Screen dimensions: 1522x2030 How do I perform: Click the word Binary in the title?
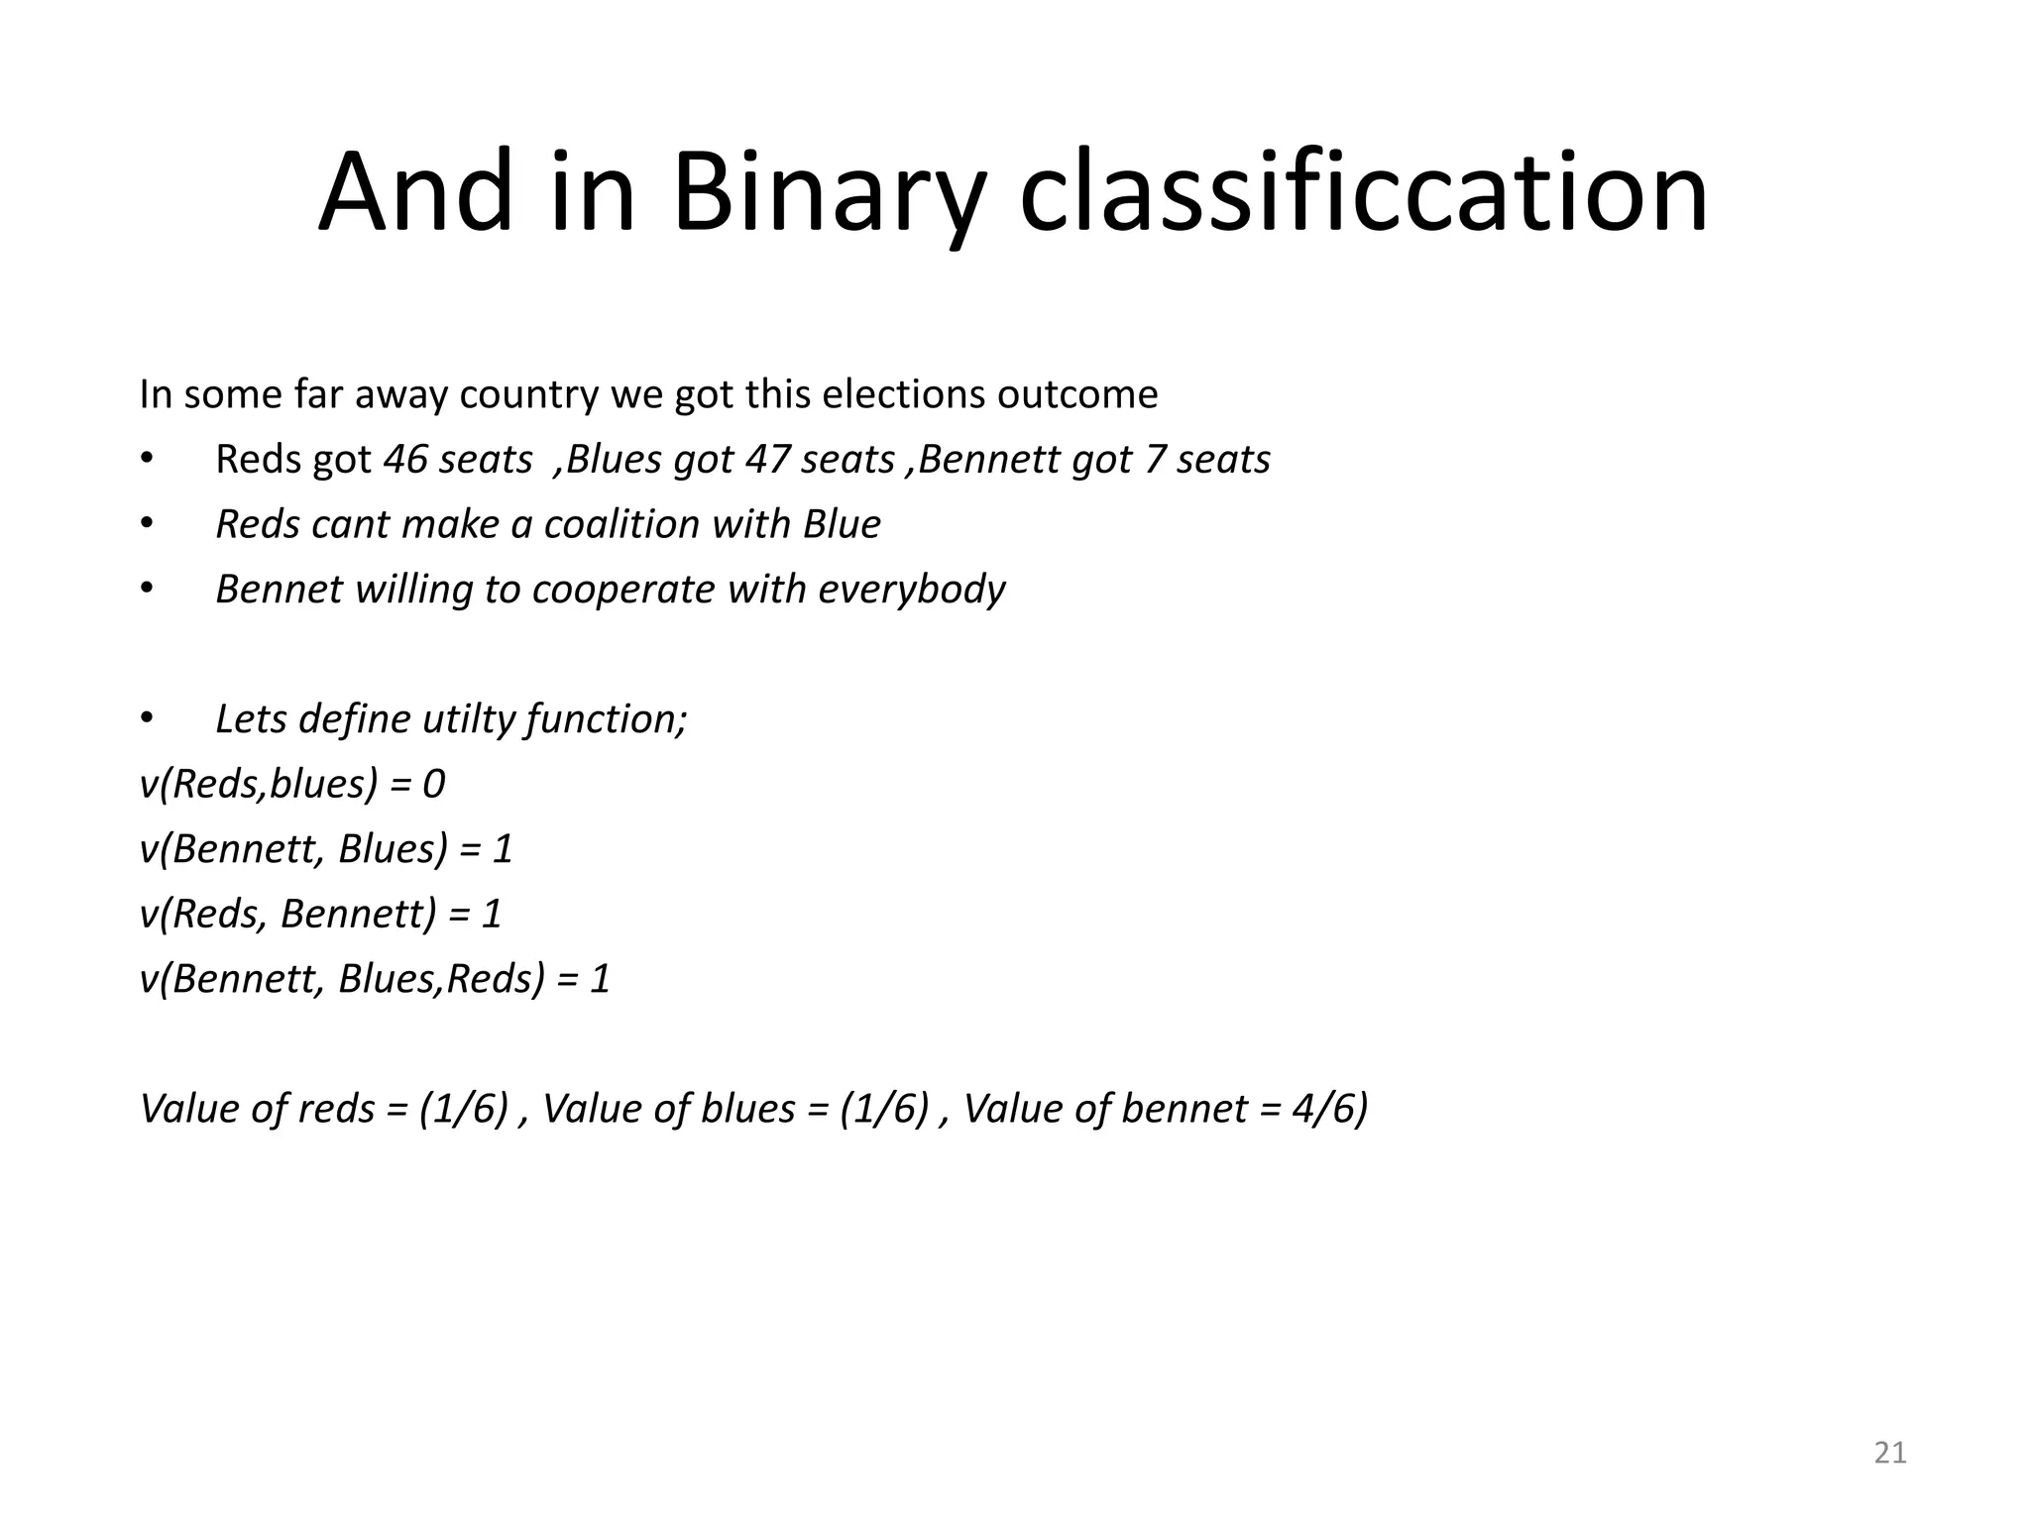pyautogui.click(x=829, y=192)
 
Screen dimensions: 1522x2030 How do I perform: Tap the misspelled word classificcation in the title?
pyautogui.click(x=1364, y=192)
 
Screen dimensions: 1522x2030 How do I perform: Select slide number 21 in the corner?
pyautogui.click(x=1890, y=1453)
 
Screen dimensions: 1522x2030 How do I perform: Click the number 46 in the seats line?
pyautogui.click(x=403, y=460)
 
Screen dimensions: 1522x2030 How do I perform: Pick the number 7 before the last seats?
pyautogui.click(x=1154, y=460)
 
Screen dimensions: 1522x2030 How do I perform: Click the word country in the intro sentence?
pyautogui.click(x=529, y=395)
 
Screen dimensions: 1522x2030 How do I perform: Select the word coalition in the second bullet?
pyautogui.click(x=621, y=524)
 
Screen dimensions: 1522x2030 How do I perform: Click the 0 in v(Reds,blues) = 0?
pyautogui.click(x=434, y=785)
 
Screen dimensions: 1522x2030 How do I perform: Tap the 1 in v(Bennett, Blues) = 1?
pyautogui.click(x=503, y=849)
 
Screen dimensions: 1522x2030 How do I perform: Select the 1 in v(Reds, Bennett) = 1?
pyautogui.click(x=492, y=914)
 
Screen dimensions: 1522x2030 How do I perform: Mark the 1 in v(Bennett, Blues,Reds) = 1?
pyautogui.click(x=600, y=979)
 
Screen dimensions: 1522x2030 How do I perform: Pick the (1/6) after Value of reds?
pyautogui.click(x=464, y=1109)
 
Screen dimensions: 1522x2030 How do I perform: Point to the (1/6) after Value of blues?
pyautogui.click(x=884, y=1109)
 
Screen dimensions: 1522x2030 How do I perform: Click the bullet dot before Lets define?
pyautogui.click(x=147, y=719)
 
